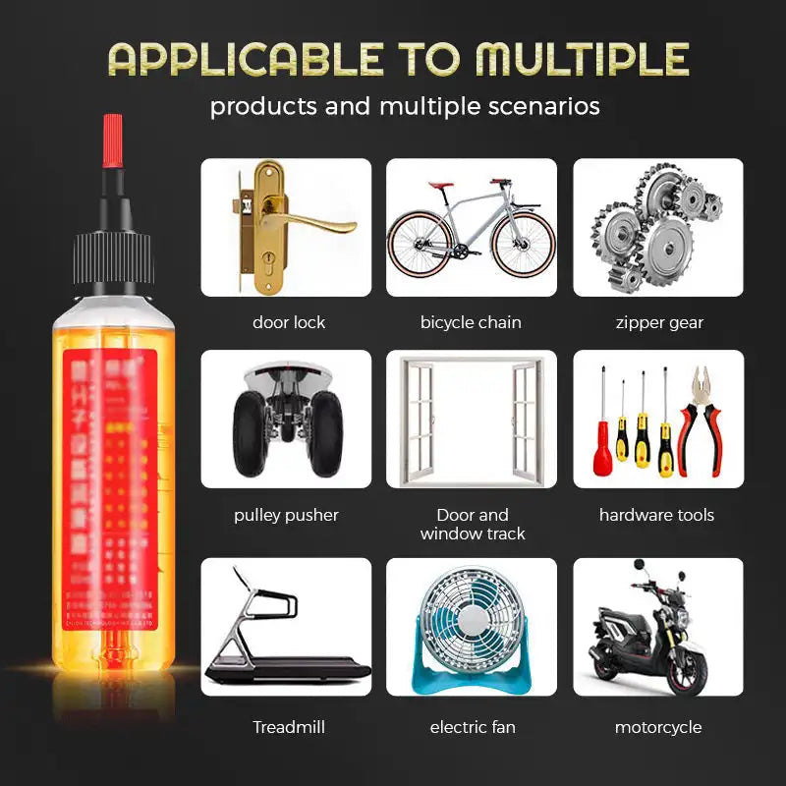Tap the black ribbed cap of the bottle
pyautogui.click(x=112, y=259)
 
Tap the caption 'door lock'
pyautogui.click(x=289, y=322)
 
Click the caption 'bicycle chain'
pyautogui.click(x=471, y=322)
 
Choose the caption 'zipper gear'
pyautogui.click(x=659, y=322)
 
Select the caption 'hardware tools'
pyautogui.click(x=656, y=515)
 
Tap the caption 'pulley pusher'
pyautogui.click(x=286, y=515)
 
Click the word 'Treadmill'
pyautogui.click(x=289, y=727)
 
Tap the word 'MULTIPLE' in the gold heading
pyautogui.click(x=583, y=59)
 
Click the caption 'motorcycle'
pyautogui.click(x=658, y=727)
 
